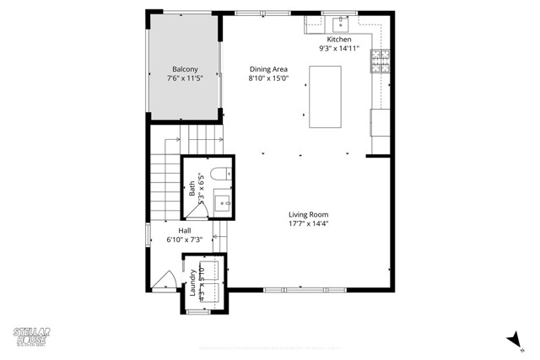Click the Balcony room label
tap(185, 69)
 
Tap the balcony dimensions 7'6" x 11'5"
tap(185, 78)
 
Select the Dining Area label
tap(269, 69)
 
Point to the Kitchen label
tap(339, 40)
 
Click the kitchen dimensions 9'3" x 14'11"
tap(339, 49)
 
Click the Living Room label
tap(308, 214)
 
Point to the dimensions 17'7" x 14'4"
tap(308, 223)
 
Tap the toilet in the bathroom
tap(219, 175)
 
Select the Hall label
tap(184, 230)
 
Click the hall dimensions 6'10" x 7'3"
tap(184, 239)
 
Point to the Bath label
tap(192, 191)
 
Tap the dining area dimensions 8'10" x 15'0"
tap(269, 78)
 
